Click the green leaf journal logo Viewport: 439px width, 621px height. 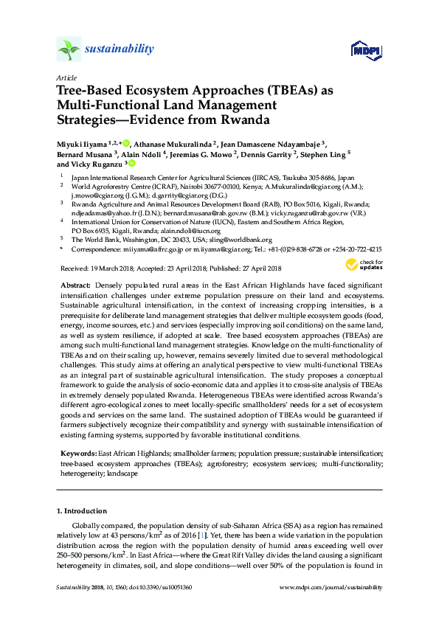pyautogui.click(x=69, y=50)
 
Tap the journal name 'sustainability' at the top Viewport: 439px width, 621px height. pyautogui.click(x=120, y=49)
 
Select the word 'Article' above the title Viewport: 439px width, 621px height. pyautogui.click(x=66, y=77)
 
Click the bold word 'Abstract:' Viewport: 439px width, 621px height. pyautogui.click(x=73, y=284)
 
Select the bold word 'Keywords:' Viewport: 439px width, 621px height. pyautogui.click(x=77, y=451)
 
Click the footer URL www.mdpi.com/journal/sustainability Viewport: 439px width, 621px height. pyautogui.click(x=332, y=587)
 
